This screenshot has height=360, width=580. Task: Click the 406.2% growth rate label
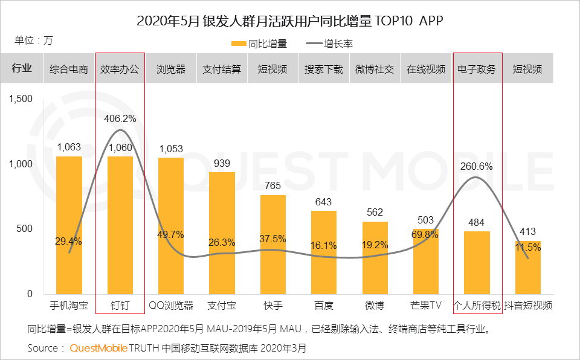120,119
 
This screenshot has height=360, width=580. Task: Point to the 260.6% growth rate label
477,166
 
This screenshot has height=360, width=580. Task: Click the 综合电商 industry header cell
69,69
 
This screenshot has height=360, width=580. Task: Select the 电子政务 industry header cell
477,69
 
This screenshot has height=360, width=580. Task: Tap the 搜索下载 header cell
324,69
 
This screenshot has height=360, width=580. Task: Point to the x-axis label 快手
273,305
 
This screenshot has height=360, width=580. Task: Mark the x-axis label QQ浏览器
171,305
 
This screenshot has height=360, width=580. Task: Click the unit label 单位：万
34,40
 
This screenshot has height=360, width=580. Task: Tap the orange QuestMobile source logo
98,348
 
